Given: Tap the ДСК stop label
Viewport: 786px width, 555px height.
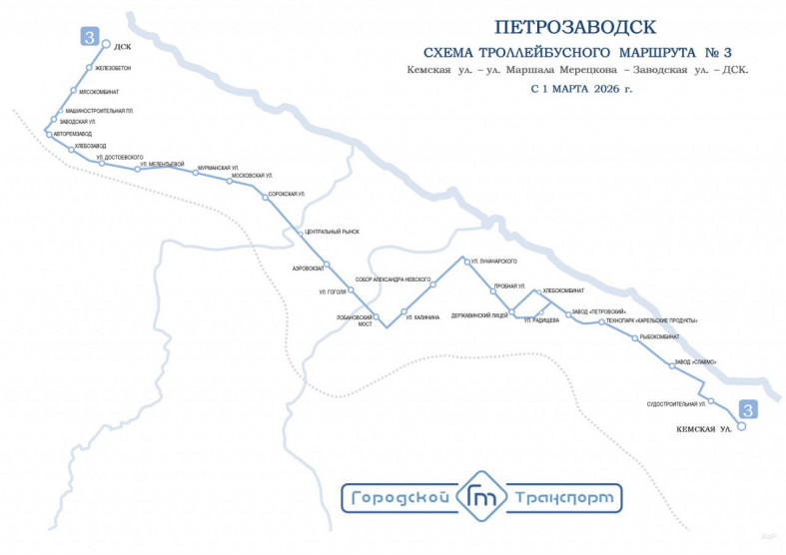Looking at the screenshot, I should (123, 46).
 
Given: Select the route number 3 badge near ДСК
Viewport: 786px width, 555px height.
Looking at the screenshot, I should (89, 39).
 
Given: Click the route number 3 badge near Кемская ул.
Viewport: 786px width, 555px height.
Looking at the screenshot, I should (746, 409).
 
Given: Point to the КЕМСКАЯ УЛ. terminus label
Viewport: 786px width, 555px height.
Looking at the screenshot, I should (705, 429).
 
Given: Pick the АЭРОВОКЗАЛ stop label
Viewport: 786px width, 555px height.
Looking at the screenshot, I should (307, 269).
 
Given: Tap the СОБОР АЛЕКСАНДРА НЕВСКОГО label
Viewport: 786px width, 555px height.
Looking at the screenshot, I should (393, 279).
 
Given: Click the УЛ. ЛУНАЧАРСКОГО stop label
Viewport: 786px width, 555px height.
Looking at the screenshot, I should (493, 262).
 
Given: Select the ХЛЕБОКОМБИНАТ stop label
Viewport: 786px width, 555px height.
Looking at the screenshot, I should (564, 290).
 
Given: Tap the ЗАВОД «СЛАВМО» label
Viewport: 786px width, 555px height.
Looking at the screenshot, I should (695, 361).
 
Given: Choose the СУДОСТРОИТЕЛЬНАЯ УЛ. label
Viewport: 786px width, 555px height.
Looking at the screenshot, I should (676, 404).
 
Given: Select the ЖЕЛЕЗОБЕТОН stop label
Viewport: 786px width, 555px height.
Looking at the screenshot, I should (113, 68).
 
